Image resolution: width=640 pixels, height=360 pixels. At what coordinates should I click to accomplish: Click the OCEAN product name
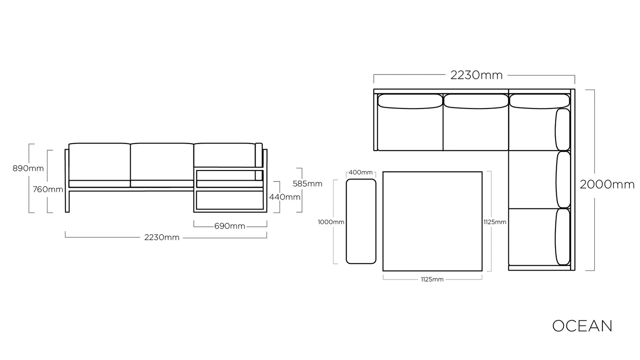(582, 326)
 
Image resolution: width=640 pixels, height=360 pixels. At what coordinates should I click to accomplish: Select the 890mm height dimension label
(28, 169)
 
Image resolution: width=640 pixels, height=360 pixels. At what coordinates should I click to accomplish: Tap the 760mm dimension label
(48, 190)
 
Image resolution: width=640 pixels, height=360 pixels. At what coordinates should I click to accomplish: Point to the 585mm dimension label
(307, 184)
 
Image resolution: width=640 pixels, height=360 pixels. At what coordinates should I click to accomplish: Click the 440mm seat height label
(285, 197)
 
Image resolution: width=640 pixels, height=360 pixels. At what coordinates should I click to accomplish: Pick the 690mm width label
(230, 226)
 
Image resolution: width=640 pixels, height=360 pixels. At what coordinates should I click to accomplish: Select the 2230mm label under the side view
(162, 237)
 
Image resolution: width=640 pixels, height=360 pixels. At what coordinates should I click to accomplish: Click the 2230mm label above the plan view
(476, 75)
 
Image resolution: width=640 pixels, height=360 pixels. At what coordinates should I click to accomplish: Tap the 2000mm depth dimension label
(607, 185)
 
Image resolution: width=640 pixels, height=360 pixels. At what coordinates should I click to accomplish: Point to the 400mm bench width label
(361, 173)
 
